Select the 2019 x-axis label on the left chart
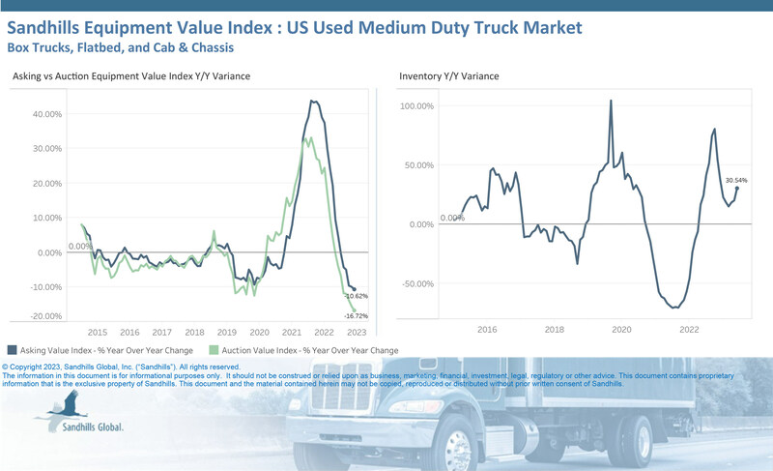pyautogui.click(x=227, y=330)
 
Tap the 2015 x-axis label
pyautogui.click(x=97, y=330)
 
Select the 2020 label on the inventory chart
pyautogui.click(x=621, y=330)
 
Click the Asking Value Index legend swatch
pyautogui.click(x=12, y=349)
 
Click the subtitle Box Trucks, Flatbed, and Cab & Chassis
pyautogui.click(x=122, y=45)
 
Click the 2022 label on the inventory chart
pyautogui.click(x=689, y=330)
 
